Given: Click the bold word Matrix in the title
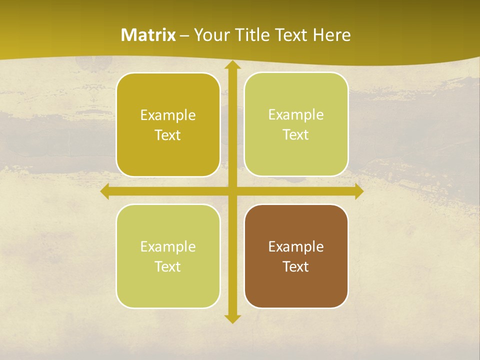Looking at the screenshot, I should click(148, 35).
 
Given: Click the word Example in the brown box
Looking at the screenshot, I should click(296, 246).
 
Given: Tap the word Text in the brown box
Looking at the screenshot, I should click(296, 266).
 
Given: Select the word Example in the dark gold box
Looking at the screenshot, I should click(168, 115).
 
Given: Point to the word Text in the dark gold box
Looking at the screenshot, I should click(168, 135).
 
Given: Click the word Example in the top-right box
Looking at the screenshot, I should click(296, 114).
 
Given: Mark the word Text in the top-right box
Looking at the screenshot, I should click(296, 134).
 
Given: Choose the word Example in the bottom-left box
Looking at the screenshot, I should click(168, 246).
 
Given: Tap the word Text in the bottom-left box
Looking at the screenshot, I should click(168, 266).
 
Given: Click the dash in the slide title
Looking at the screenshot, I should click(184, 35).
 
